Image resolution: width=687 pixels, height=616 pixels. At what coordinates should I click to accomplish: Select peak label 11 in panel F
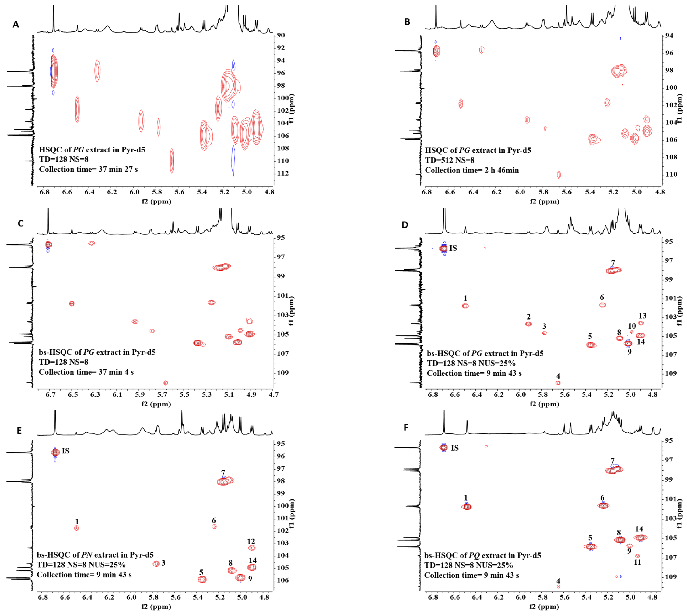[x=637, y=562]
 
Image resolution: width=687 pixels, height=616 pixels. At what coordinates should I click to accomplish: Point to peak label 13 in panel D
[x=642, y=316]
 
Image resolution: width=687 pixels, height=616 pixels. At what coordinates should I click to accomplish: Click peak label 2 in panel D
[x=529, y=317]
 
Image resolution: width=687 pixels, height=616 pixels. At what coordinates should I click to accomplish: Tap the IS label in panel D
[x=453, y=248]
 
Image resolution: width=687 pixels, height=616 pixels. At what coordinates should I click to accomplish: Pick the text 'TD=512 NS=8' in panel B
[x=449, y=160]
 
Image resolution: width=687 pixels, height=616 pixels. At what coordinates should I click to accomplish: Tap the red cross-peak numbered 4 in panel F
[x=558, y=586]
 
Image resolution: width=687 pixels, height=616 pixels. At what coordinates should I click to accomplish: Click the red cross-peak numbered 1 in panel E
[x=76, y=528]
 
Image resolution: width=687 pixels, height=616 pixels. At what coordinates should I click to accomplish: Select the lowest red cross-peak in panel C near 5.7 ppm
[x=166, y=383]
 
